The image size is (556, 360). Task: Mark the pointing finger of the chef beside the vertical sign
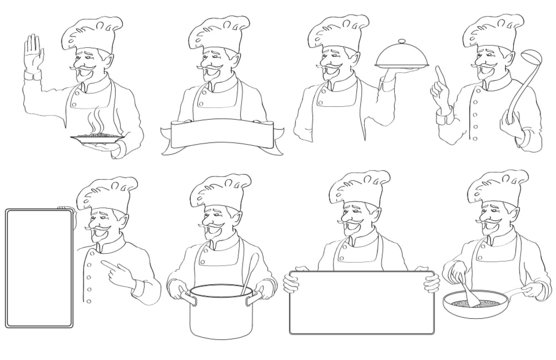tap(105, 273)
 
